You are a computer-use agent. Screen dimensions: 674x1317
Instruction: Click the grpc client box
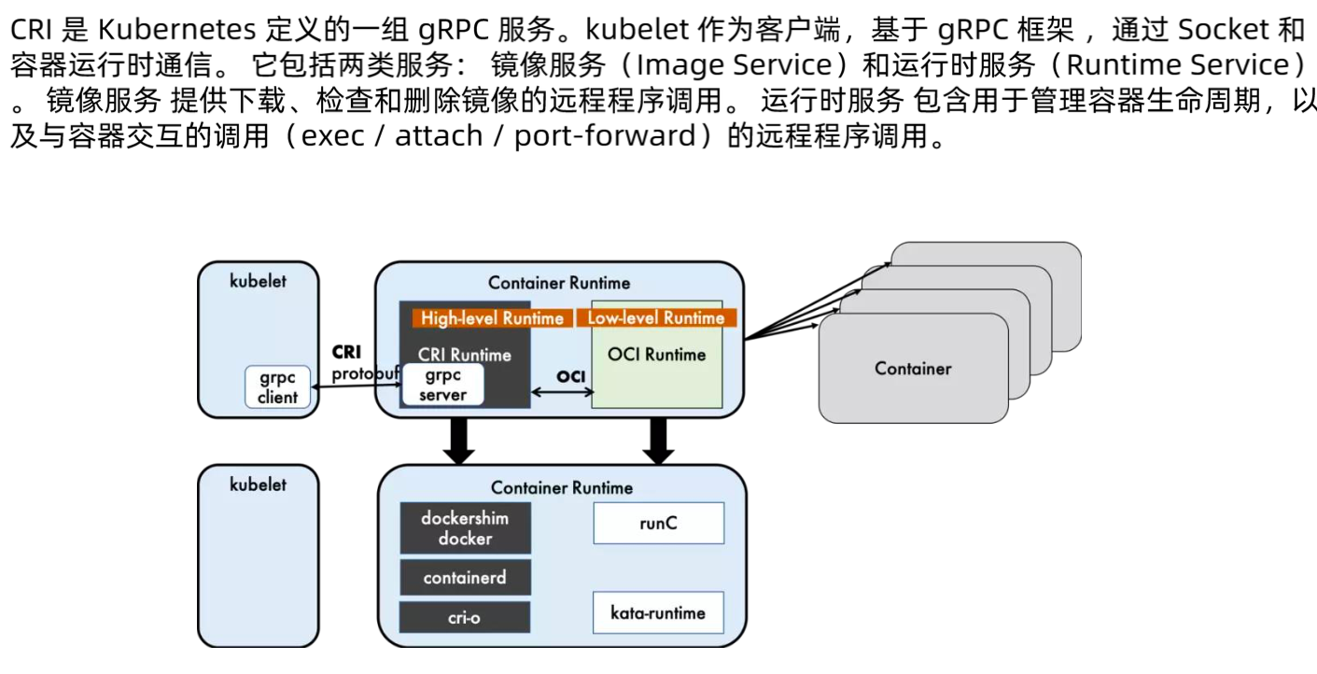[277, 387]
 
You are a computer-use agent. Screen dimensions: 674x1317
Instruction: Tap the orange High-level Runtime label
[492, 318]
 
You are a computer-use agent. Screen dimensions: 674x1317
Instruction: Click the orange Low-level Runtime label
[655, 318]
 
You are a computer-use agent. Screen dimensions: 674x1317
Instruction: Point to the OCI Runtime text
[656, 355]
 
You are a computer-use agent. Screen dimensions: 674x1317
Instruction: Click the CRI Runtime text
[464, 355]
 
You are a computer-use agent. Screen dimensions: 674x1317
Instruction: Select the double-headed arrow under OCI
[561, 393]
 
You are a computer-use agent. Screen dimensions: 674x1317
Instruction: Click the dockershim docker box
[465, 527]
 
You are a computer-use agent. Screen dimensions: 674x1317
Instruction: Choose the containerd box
[465, 578]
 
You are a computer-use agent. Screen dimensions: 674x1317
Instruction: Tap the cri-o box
[465, 617]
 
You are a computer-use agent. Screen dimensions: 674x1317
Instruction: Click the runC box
[658, 524]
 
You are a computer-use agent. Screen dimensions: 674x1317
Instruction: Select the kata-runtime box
[658, 613]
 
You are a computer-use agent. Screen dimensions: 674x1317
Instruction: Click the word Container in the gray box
[913, 369]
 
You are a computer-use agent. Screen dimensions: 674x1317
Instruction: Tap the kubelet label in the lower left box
[259, 484]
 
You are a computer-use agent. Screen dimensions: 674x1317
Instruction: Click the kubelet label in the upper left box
[259, 281]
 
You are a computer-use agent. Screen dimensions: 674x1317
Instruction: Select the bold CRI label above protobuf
[346, 353]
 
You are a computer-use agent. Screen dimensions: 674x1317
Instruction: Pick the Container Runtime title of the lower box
[561, 487]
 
